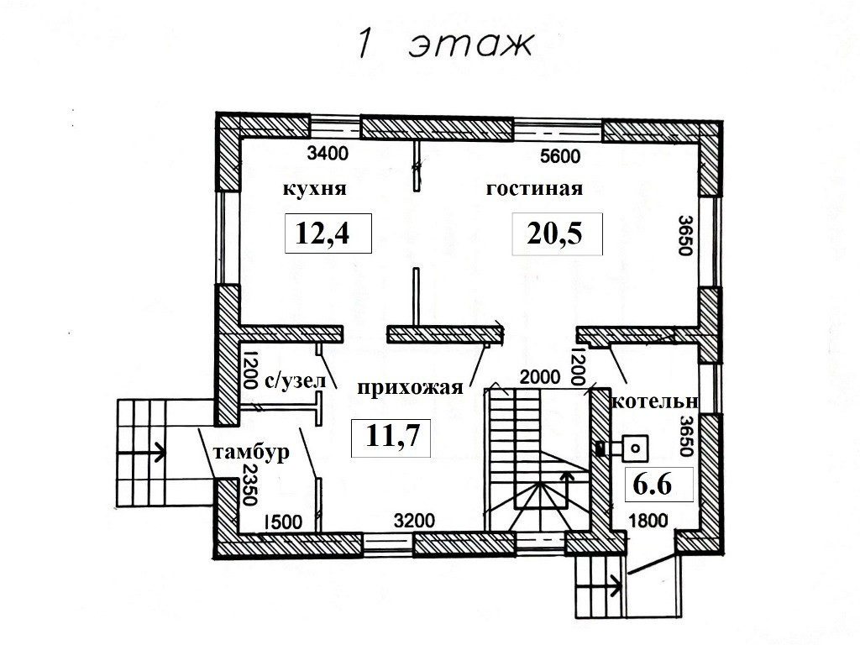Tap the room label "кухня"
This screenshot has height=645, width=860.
pyautogui.click(x=315, y=189)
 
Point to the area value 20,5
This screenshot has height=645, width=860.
pyautogui.click(x=556, y=233)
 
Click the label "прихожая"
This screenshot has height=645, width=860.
pyautogui.click(x=410, y=387)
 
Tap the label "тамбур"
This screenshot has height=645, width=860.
pyautogui.click(x=250, y=453)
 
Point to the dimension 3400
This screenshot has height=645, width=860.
pyautogui.click(x=328, y=155)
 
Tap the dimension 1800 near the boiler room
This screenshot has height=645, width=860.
pyautogui.click(x=648, y=521)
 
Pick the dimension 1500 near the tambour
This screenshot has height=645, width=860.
pyautogui.click(x=281, y=521)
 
